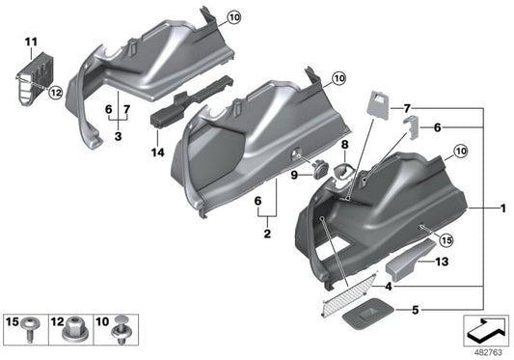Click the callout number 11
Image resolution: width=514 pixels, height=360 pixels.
coord(30,42)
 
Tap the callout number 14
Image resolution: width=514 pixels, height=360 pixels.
coord(158,152)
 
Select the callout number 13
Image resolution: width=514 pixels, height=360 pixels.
coord(443,262)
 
